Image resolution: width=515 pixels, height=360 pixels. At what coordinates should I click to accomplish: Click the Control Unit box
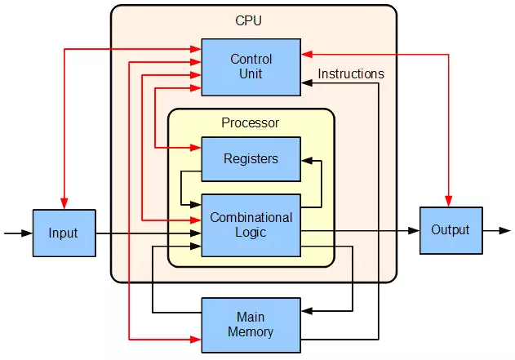(x=251, y=67)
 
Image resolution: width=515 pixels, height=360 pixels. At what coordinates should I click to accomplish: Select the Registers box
(x=251, y=158)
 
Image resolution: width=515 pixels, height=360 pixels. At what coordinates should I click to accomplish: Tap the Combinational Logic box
(x=251, y=225)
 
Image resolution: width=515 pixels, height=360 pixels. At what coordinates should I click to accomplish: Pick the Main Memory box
(x=251, y=325)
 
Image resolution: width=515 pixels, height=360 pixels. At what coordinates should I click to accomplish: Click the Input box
(x=64, y=233)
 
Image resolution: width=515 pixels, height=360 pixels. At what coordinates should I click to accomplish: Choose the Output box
(x=451, y=230)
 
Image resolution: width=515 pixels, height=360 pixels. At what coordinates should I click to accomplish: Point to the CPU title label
(x=249, y=20)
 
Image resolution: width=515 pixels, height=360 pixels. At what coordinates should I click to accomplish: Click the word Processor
(x=250, y=123)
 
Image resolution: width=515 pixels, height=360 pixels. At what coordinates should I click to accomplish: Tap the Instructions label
(x=351, y=73)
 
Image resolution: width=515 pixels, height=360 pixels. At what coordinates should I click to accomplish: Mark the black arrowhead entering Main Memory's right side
(x=306, y=311)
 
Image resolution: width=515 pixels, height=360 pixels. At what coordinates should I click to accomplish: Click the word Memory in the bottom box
(x=251, y=332)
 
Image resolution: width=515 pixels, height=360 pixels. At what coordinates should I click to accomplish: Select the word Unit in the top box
(x=251, y=74)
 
